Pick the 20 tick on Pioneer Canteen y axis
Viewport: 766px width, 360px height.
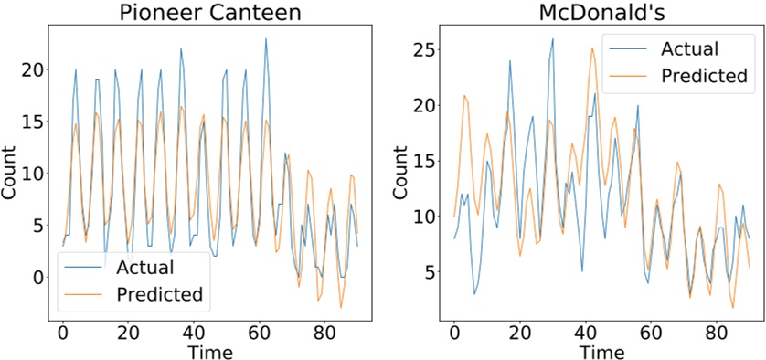coord(35,69)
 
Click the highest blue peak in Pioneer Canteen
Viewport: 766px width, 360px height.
coord(266,39)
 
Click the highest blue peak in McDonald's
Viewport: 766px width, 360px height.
coord(552,39)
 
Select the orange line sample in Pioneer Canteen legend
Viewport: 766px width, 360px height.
coord(86,294)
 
